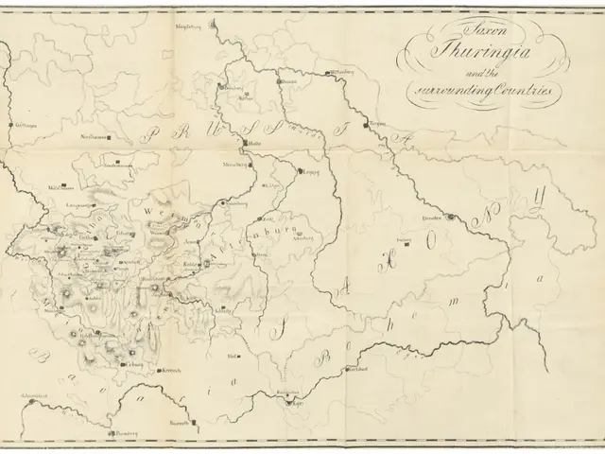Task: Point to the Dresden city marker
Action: coord(452,218)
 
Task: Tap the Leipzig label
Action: coord(309,173)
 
